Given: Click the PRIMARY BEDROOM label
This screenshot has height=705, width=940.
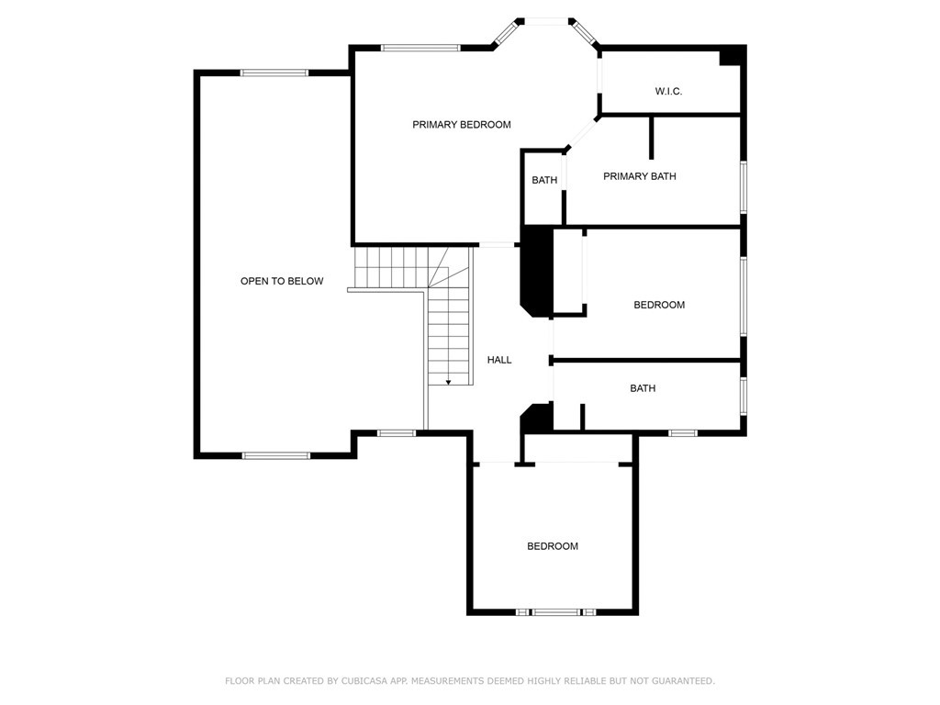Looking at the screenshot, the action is tap(462, 125).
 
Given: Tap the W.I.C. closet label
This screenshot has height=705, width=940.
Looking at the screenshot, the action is tap(668, 91).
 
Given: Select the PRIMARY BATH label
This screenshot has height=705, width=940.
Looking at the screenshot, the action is tap(640, 176).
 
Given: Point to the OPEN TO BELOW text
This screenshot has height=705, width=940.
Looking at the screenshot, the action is tap(282, 281).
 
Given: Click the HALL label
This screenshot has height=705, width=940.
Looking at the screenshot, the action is tap(499, 360).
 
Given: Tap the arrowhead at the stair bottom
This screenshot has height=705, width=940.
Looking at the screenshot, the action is tap(448, 382).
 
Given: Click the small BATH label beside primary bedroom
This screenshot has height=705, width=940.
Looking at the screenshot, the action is tap(544, 180).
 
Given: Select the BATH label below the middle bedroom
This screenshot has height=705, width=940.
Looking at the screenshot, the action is tap(643, 388).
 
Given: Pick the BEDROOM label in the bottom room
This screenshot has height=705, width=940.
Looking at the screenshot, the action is tap(553, 546).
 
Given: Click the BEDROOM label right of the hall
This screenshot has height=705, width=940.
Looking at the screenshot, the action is tap(659, 305).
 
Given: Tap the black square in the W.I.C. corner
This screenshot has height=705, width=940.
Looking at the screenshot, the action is tap(731, 56).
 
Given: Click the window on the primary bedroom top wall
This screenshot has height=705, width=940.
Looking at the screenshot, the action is tap(420, 48).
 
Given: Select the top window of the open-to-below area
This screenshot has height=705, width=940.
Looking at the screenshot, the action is tap(274, 73).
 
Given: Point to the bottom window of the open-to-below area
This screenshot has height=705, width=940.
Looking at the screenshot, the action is tap(276, 455).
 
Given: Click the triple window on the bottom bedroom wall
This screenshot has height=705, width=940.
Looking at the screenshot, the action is tap(555, 612).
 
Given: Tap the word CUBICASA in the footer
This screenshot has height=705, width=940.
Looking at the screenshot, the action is tap(364, 681).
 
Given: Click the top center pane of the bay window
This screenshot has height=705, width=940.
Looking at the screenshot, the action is tap(547, 22).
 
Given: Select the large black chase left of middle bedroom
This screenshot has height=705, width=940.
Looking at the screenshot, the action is tap(536, 271).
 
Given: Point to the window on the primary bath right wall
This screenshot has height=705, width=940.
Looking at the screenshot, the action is tap(744, 186).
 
